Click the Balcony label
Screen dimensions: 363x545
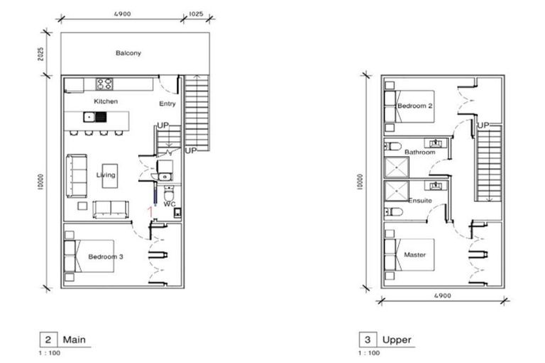128,53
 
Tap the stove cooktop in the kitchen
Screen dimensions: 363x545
105,84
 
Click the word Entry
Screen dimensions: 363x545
167,104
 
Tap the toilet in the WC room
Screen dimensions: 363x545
167,194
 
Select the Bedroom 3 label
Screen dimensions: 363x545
106,257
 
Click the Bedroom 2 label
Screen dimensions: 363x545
415,106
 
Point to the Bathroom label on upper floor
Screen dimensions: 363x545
419,152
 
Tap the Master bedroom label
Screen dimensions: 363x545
415,255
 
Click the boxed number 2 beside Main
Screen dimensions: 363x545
47,340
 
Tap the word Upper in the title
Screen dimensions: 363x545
397,340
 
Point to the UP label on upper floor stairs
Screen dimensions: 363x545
484,125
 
